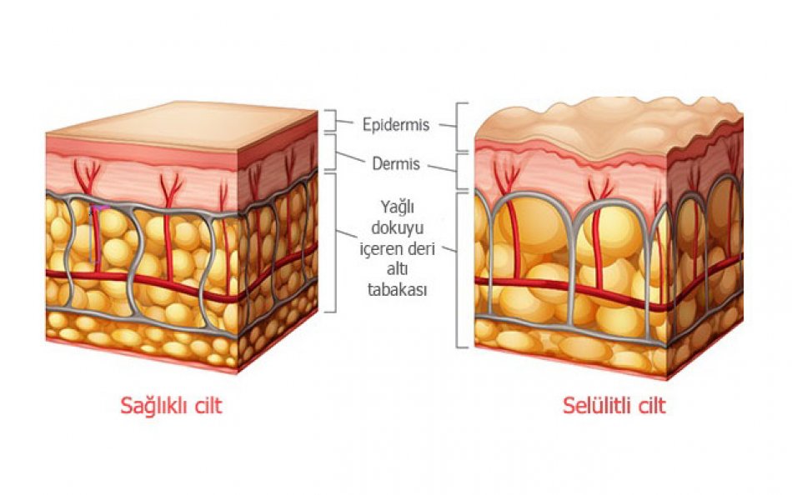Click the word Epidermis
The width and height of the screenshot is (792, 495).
(x=396, y=125)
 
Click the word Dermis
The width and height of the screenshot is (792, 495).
(x=396, y=163)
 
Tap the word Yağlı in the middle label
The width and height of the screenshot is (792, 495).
(x=397, y=207)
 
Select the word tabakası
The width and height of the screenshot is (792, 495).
(x=397, y=290)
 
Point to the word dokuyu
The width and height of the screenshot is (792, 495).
(x=397, y=228)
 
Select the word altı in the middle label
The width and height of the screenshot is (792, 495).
(x=397, y=270)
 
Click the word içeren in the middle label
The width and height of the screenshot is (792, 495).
(x=378, y=249)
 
